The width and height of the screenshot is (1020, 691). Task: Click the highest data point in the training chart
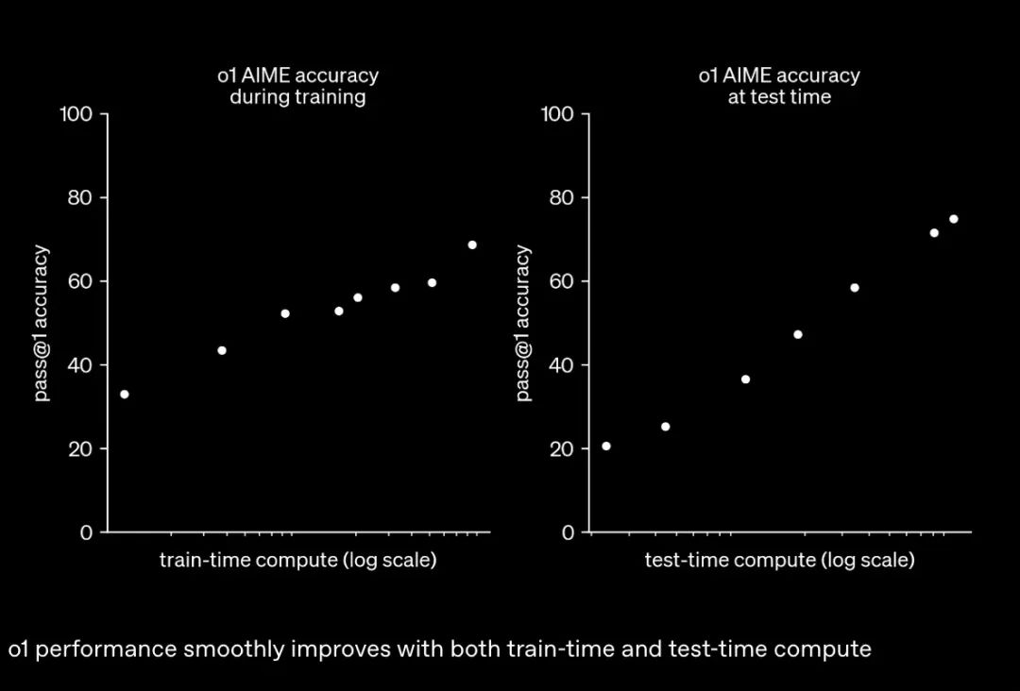pos(472,245)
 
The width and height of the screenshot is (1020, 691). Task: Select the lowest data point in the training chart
pos(125,395)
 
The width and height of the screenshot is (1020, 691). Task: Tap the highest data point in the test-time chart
pos(954,219)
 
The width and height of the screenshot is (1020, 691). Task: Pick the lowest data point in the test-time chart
pos(606,447)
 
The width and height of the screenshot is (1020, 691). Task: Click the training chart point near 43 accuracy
pos(222,350)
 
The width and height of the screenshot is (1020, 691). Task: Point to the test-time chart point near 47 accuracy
pos(798,334)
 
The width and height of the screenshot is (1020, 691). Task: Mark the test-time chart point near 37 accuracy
pos(745,379)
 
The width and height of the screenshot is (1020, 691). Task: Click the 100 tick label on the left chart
pos(76,114)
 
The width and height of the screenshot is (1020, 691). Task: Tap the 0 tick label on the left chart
pos(87,532)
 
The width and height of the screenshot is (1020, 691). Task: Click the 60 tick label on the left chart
pos(81,281)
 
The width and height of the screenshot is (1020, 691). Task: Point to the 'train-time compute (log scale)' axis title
pos(297,560)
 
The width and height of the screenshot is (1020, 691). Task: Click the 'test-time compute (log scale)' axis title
pos(779,560)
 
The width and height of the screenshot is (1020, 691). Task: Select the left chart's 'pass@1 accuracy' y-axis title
pos(42,323)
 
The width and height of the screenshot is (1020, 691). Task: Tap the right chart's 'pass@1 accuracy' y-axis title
pos(523,323)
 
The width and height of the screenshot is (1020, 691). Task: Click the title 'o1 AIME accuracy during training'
pos(297,86)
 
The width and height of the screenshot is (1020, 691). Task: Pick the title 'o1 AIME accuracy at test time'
pos(779,86)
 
